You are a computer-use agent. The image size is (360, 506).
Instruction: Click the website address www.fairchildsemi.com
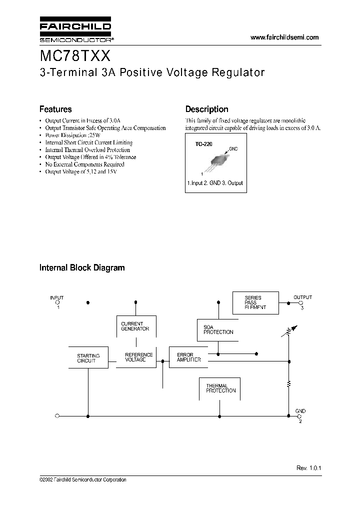[x=284, y=37]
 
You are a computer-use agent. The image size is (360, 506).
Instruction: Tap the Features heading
[x=55, y=109]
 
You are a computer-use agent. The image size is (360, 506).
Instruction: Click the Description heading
[x=207, y=109]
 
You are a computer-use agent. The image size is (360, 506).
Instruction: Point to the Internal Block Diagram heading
[x=82, y=267]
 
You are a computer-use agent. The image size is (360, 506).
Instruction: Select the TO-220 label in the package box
[x=203, y=144]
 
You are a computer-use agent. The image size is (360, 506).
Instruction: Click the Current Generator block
[x=135, y=326]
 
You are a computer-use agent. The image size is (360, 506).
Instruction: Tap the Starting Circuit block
[x=88, y=357]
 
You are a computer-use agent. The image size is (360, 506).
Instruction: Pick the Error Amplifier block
[x=188, y=357]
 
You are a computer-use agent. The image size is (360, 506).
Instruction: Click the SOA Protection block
[x=218, y=329]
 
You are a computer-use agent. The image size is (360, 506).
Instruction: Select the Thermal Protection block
[x=217, y=388]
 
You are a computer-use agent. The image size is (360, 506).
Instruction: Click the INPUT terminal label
[x=57, y=297]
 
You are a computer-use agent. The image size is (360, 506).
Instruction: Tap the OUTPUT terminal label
[x=302, y=297]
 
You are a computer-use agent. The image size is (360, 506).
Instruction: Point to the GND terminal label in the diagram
[x=300, y=411]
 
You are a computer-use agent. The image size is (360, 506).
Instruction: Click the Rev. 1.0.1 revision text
[x=308, y=467]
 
